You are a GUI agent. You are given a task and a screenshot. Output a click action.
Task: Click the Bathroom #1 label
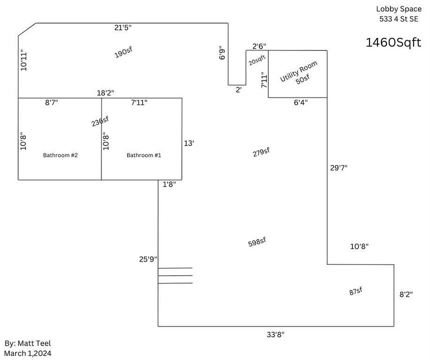coord(144,155)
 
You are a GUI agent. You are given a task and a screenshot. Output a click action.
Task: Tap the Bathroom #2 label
coord(61,155)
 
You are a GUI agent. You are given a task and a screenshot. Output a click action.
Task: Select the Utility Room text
coord(299,71)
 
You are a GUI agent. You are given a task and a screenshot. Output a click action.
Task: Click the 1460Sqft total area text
coord(393,42)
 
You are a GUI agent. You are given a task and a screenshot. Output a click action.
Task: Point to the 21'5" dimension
coord(123,27)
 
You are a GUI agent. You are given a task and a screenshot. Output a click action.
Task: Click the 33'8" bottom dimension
coord(276,334)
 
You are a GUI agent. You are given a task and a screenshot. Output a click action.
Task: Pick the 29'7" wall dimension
coord(339,167)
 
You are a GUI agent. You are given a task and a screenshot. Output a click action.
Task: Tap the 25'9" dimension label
coord(148,259)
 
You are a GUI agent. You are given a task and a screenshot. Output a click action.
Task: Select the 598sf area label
coord(257,242)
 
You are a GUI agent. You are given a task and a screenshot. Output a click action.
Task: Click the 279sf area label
coord(261,152)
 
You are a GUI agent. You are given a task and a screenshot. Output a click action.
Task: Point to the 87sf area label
coord(356,291)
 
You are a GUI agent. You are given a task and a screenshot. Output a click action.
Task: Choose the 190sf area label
coord(124,52)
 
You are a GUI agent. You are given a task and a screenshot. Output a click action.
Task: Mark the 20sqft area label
coord(257,60)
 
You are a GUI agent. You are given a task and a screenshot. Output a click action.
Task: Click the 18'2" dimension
coord(106,93)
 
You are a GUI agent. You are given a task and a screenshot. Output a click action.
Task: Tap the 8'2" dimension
coord(406,294)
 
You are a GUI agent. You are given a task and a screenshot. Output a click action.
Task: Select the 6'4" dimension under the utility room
coord(301,102)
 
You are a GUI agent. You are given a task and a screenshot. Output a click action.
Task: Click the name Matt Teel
coord(34,343)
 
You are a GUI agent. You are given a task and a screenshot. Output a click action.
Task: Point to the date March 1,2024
coord(28,353)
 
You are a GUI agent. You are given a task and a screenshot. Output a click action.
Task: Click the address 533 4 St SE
coord(399,19)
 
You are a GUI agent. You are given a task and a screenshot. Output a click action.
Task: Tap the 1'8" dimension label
coord(169,184)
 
